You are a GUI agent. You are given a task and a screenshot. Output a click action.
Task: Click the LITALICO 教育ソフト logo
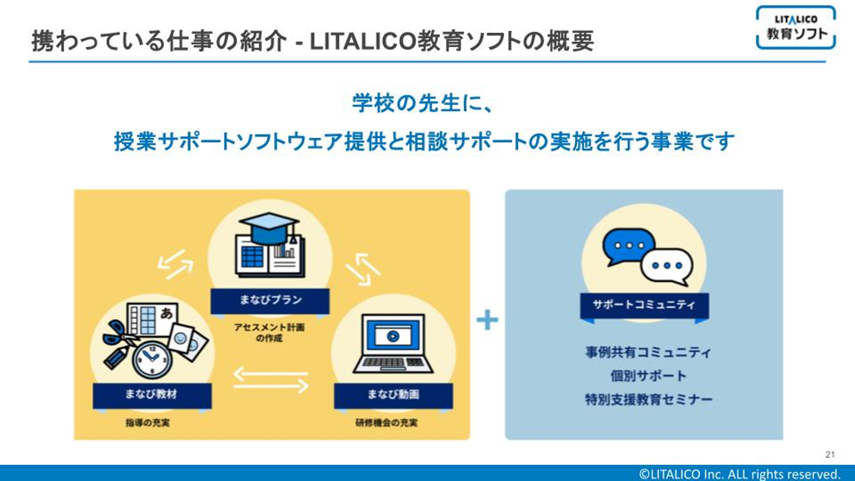796,27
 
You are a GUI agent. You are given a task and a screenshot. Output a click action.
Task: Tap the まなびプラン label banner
270,300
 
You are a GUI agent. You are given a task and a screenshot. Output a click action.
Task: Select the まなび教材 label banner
151,395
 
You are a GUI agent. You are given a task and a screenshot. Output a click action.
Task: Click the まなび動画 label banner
393,395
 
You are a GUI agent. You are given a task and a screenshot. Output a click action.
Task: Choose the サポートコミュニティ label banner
644,306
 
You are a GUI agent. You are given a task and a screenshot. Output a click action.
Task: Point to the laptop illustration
392,343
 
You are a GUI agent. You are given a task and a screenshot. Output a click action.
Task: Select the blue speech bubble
628,246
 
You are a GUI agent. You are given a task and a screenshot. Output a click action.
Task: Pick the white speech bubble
666,266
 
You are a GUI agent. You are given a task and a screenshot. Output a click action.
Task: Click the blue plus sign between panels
487,321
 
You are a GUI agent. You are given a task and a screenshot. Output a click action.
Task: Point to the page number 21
829,455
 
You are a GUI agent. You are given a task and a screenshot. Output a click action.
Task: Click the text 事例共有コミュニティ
648,352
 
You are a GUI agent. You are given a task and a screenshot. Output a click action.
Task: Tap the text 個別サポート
648,376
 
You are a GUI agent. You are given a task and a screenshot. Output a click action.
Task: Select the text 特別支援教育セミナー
648,400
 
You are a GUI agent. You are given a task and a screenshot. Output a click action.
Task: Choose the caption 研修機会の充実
386,423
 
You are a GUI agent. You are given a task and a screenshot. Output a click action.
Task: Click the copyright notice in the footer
740,474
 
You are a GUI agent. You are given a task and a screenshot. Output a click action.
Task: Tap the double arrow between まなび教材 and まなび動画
271,381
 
